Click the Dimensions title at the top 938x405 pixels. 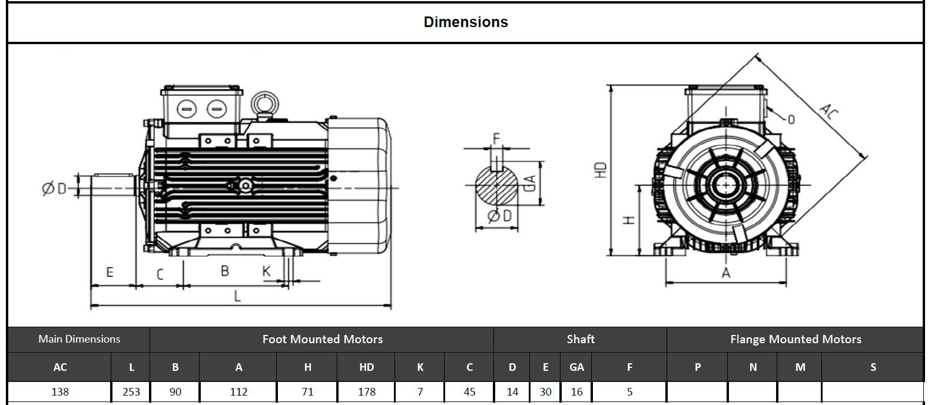click(x=466, y=22)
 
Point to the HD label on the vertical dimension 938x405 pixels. click(x=600, y=171)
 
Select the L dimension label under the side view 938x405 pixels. click(x=237, y=296)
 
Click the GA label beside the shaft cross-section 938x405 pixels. click(x=529, y=184)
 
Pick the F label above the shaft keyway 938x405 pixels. click(x=496, y=139)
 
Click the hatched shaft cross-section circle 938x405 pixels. click(x=496, y=185)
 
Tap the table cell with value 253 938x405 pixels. click(x=131, y=391)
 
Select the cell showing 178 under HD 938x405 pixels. click(x=366, y=391)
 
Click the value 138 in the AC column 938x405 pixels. click(x=60, y=391)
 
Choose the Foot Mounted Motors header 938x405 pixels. click(x=322, y=340)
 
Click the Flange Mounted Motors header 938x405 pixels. click(x=795, y=340)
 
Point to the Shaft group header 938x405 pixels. click(x=580, y=340)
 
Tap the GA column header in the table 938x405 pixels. click(x=576, y=367)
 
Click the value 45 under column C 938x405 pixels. click(x=469, y=391)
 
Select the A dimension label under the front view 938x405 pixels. click(x=725, y=273)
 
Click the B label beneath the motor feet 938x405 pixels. click(x=225, y=271)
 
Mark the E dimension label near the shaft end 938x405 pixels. click(x=110, y=273)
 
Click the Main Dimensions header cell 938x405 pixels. click(x=79, y=339)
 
